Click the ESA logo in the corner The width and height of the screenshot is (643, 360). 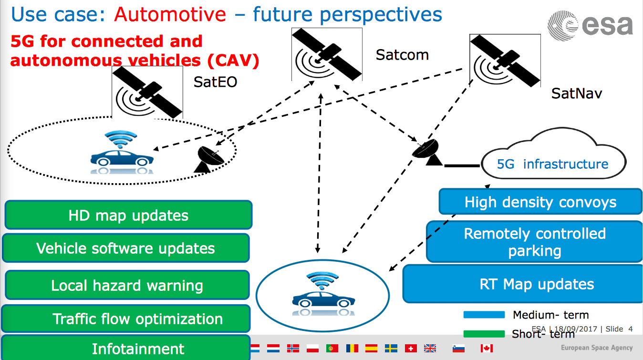click(590, 25)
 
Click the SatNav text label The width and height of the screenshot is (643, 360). click(576, 93)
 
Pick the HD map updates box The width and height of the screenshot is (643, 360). click(128, 215)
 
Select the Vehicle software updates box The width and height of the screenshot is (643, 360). click(126, 248)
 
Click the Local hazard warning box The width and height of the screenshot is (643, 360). click(127, 285)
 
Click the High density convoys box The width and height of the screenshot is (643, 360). click(540, 202)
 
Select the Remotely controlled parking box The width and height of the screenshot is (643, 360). click(535, 242)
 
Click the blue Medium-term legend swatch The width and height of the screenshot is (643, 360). click(484, 315)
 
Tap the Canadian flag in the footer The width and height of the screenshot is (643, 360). click(487, 349)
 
